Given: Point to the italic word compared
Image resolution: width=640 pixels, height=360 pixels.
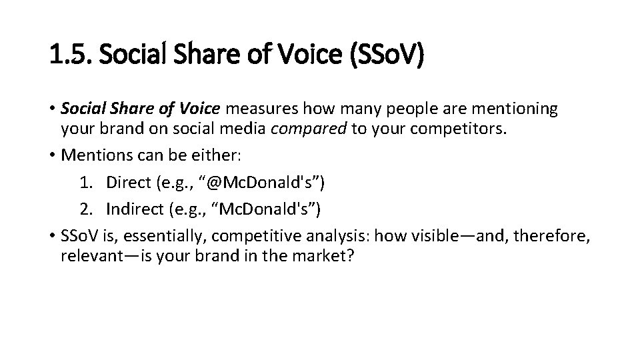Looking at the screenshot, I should click(x=308, y=128).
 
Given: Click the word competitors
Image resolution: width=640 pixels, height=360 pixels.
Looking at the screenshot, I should click(x=461, y=128).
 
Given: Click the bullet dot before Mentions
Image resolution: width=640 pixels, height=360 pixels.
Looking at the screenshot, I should click(x=53, y=156).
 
